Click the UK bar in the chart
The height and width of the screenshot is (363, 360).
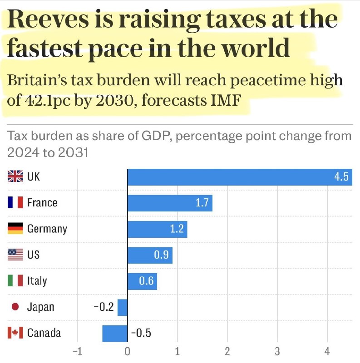(240, 177)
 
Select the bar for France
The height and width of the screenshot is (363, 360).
(170, 203)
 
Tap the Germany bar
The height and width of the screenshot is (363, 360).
(157, 229)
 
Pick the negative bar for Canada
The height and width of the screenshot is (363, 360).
(115, 334)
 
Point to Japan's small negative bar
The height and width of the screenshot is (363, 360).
(123, 308)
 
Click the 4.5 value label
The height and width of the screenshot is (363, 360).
(341, 177)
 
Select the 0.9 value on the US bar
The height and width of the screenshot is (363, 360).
(161, 255)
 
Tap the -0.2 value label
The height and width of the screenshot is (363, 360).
(104, 307)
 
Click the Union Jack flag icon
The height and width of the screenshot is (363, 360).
(15, 176)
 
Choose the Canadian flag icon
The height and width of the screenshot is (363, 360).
(15, 333)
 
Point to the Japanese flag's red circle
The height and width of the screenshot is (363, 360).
(15, 307)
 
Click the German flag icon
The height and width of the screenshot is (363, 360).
(15, 229)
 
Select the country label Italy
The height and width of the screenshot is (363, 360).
(37, 281)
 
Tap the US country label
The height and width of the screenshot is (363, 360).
(33, 255)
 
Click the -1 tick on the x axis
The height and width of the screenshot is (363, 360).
(77, 351)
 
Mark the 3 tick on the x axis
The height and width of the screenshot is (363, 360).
(277, 351)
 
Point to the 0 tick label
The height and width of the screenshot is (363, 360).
(128, 351)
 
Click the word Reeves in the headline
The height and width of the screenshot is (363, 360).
(48, 19)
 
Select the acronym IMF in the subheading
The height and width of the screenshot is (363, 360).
(226, 100)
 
